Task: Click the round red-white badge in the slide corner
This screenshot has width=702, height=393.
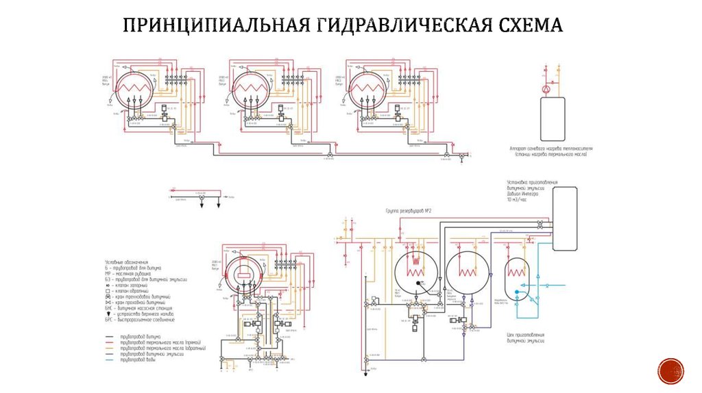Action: coord(670,370)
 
